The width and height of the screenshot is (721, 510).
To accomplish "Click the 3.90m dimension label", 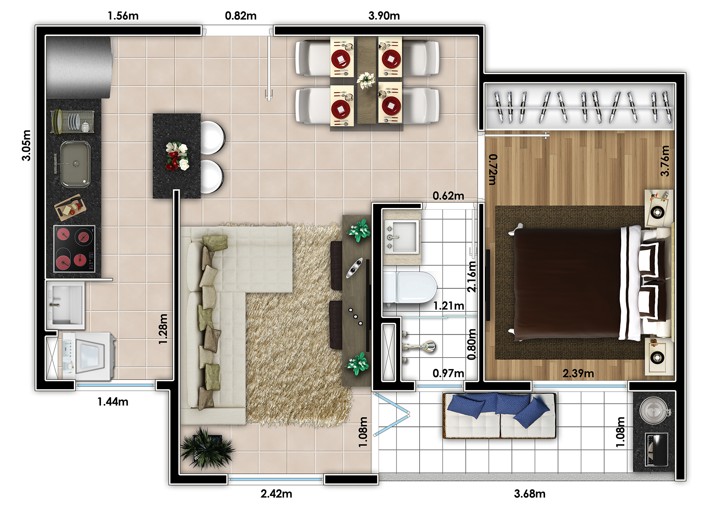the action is pyautogui.click(x=384, y=16).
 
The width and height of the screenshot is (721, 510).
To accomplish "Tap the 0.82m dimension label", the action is pyautogui.click(x=241, y=16).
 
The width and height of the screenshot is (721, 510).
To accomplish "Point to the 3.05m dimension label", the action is pyautogui.click(x=26, y=145).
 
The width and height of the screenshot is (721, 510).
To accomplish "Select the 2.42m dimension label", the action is pyautogui.click(x=277, y=493).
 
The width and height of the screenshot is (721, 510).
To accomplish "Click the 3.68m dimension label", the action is pyautogui.click(x=530, y=493).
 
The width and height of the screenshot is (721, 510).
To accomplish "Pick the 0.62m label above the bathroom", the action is pyautogui.click(x=448, y=196).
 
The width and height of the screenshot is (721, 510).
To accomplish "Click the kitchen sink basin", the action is pyautogui.click(x=75, y=164).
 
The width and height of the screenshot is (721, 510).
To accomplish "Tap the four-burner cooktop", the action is pyautogui.click(x=75, y=249).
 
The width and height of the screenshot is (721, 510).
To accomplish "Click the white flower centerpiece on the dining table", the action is pyautogui.click(x=366, y=80).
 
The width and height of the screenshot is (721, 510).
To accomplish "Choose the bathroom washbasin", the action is pyautogui.click(x=401, y=236).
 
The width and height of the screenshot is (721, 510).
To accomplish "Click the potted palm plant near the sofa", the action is pyautogui.click(x=207, y=448).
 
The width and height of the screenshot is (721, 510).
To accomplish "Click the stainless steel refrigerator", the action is pyautogui.click(x=79, y=67).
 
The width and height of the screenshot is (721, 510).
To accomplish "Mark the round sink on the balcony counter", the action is pyautogui.click(x=654, y=410).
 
